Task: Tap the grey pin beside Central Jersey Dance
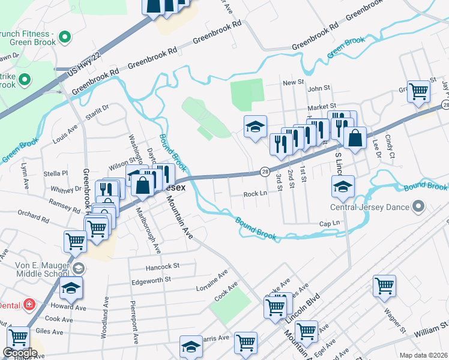coord(419,208)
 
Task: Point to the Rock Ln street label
coord(255,194)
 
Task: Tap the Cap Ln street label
coord(330,223)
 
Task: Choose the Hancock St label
coord(163,265)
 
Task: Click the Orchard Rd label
coord(33,213)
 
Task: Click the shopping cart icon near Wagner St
coord(385,286)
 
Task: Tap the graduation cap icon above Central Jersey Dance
coord(343,186)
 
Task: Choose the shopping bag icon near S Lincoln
coord(355,137)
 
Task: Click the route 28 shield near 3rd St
coord(264,172)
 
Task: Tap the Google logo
coord(19,353)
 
